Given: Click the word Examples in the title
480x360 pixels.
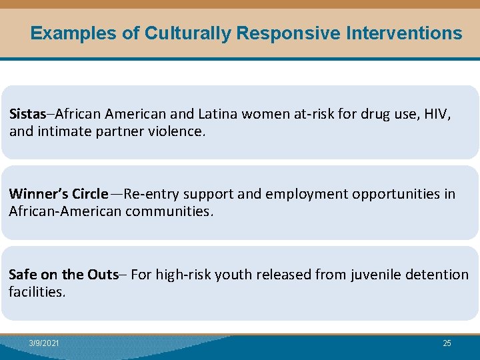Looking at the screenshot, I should click(x=73, y=33).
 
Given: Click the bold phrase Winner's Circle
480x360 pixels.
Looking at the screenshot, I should click(x=58, y=194).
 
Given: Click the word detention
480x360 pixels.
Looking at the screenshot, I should click(x=436, y=274).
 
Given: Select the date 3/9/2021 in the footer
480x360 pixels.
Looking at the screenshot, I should click(x=44, y=343).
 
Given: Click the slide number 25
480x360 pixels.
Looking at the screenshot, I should click(x=447, y=343).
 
